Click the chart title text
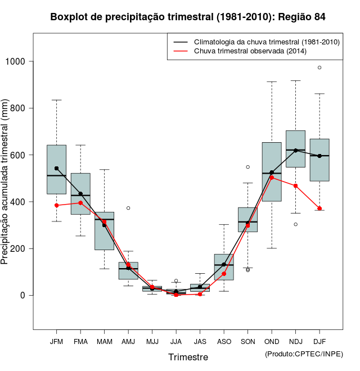(188, 17)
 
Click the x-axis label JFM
(57, 341)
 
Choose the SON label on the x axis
(247, 341)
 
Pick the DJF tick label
(319, 341)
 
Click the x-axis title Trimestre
(188, 357)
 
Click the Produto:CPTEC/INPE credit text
(304, 354)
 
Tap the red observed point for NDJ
(295, 185)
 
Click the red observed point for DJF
(319, 209)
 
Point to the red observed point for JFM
(57, 205)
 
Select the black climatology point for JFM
(57, 168)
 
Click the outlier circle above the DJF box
(319, 67)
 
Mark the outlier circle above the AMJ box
(128, 208)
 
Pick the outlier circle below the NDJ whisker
(295, 224)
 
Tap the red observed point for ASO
(224, 274)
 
